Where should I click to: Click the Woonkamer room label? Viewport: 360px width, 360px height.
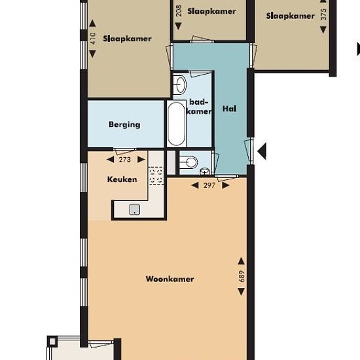coord(170,279)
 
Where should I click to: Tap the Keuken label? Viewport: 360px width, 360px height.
coord(122,179)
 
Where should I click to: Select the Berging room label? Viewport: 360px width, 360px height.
coord(124,124)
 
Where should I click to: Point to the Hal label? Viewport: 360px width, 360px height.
coord(229,109)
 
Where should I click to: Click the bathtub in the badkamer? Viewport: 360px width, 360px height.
coord(176,124)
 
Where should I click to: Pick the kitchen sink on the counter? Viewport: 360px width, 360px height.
coord(135,209)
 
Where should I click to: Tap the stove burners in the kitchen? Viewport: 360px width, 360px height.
coord(156,176)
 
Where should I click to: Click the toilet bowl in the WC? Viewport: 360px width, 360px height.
coord(189,162)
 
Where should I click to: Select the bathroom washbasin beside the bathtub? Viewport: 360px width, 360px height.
coord(180,84)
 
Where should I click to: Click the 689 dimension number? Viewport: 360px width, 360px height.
coord(242,276)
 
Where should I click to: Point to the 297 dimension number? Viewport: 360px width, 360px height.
coord(209,185)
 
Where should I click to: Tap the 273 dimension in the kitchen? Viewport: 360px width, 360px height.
coord(125,159)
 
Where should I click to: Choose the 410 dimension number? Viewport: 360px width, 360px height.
coord(92,39)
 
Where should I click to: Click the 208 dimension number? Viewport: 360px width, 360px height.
coord(179,10)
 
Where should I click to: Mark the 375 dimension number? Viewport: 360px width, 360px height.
coord(323,14)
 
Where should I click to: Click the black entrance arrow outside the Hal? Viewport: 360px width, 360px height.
coord(262,151)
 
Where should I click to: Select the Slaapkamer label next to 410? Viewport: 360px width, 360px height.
coord(127,39)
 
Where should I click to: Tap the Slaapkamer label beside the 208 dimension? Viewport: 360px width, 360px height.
coord(211,11)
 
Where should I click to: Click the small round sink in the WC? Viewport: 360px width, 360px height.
coord(204,171)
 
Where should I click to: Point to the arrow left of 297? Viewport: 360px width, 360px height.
coord(195,185)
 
